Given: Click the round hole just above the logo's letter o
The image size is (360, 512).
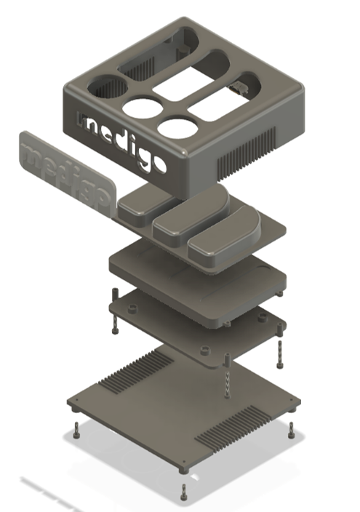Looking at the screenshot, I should click(176, 127).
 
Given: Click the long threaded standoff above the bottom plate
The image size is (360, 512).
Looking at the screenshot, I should click(228, 378).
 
